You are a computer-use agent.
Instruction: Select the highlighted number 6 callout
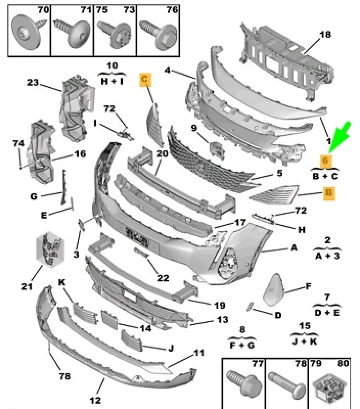click(326, 161)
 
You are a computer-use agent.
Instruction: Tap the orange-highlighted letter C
click(145, 80)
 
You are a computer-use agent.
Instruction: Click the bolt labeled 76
click(156, 31)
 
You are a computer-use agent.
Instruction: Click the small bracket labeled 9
click(217, 148)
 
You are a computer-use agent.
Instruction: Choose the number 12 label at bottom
click(95, 400)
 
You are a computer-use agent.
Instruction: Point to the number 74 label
click(18, 143)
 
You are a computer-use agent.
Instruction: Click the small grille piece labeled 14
click(109, 318)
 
